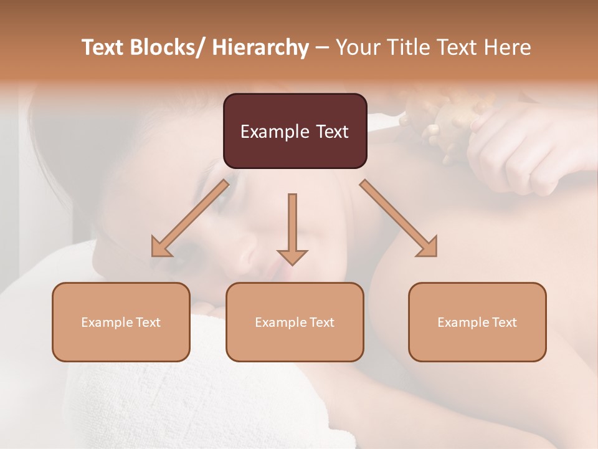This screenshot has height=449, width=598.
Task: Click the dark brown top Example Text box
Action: pyautogui.click(x=295, y=131)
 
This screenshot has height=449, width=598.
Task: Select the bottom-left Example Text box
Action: pyautogui.click(x=121, y=322)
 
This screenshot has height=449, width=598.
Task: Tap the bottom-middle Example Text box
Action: pyautogui.click(x=295, y=322)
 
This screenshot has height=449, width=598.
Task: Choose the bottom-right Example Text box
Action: pyautogui.click(x=477, y=322)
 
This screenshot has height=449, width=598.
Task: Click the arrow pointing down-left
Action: pyautogui.click(x=190, y=218)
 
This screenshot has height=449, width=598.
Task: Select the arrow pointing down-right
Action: pyautogui.click(x=399, y=218)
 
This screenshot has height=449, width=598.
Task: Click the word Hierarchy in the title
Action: pyautogui.click(x=260, y=47)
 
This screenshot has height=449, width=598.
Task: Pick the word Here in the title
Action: pyautogui.click(x=508, y=47)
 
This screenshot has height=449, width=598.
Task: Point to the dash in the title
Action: pyautogui.click(x=321, y=47)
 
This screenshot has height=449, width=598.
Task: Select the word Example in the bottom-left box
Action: pyautogui.click(x=107, y=322)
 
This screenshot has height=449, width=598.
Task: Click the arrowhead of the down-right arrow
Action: pyautogui.click(x=426, y=246)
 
